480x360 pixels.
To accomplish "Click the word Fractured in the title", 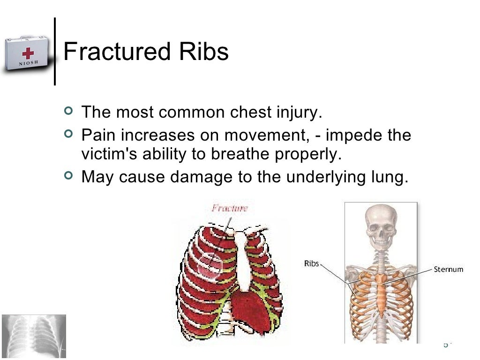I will (115, 52).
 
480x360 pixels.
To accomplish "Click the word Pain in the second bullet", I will (97, 135).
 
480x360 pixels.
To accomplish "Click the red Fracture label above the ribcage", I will (230, 208).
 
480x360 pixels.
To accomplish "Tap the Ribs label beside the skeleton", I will (311, 263).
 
